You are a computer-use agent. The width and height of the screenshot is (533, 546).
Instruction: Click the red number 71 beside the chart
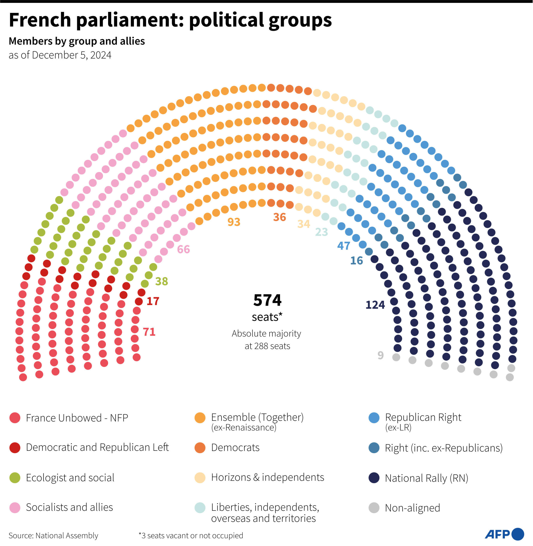click(x=149, y=332)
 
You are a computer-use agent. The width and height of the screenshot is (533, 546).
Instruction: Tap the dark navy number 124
click(x=375, y=305)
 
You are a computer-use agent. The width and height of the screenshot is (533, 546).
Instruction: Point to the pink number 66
click(x=183, y=249)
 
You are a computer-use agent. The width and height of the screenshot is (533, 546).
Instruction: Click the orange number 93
click(x=234, y=222)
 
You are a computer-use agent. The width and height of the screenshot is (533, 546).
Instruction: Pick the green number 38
click(x=162, y=281)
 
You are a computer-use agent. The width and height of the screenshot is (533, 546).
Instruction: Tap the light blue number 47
click(x=343, y=246)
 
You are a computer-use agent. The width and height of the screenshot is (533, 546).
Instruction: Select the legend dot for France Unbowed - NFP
click(x=15, y=418)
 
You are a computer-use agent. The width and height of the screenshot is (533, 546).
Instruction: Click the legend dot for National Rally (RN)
click(x=374, y=478)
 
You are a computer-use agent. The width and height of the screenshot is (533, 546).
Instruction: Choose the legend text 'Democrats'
click(x=235, y=447)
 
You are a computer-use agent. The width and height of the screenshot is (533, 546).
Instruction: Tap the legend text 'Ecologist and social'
click(x=70, y=478)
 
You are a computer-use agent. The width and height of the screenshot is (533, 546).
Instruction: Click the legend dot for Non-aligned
click(x=374, y=508)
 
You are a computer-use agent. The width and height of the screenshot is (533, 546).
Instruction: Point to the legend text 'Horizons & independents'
click(x=268, y=477)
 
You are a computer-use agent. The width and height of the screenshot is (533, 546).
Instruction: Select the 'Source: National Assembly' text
click(x=53, y=536)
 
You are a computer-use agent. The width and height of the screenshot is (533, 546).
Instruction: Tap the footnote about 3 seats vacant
click(x=191, y=536)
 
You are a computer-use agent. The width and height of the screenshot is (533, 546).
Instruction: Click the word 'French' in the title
click(x=40, y=20)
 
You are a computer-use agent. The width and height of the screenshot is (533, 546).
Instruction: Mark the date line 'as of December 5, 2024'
click(x=60, y=55)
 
